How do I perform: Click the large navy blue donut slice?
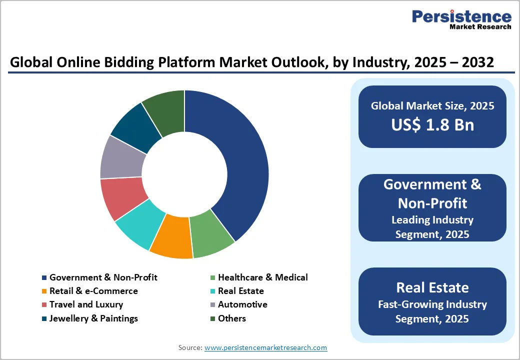[235, 160]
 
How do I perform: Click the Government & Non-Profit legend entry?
[103, 277]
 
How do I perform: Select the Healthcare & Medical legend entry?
[262, 277]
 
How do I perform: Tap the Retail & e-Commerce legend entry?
[93, 291]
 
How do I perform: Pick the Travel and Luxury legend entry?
[86, 304]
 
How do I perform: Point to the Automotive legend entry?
[242, 304]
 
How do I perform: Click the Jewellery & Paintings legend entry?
[93, 318]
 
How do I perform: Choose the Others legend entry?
[232, 318]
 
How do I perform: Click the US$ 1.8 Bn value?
[432, 124]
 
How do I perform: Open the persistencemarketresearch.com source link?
[265, 347]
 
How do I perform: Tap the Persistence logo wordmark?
[461, 16]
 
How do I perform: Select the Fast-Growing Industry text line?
[432, 304]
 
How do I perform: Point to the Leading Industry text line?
[432, 219]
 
